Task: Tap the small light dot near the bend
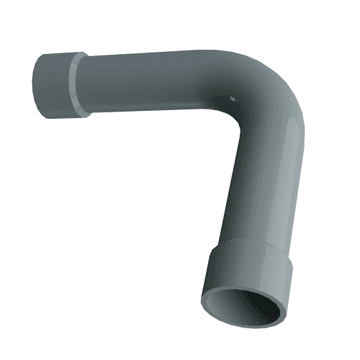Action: pos(231,98)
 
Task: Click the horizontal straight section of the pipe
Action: pos(150,85)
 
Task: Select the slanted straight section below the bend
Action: pos(262,190)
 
